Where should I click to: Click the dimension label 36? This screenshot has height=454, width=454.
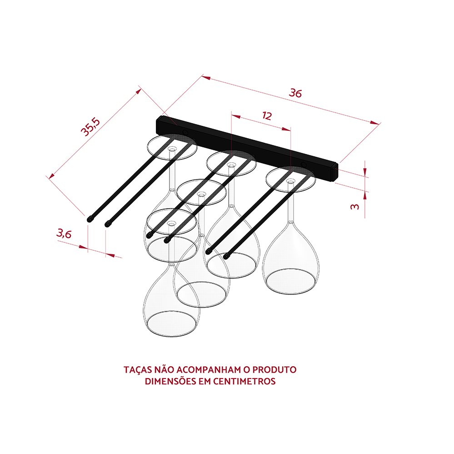tap(295, 93)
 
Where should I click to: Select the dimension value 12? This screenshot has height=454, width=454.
tap(267, 115)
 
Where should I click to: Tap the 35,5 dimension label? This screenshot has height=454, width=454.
tap(90, 127)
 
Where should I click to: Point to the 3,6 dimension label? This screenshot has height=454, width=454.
tap(64, 233)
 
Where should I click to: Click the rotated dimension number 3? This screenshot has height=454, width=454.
tap(354, 207)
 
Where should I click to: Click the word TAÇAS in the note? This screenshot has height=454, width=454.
tap(138, 370)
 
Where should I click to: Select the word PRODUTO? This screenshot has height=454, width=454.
tap(274, 370)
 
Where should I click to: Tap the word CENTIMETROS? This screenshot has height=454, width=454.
tap(244, 381)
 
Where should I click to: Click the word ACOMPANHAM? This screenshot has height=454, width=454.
tap(209, 370)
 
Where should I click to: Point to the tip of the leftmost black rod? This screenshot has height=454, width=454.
tap(90, 220)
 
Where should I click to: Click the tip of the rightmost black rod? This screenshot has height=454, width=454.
tap(226, 256)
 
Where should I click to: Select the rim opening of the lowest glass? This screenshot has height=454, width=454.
tap(171, 324)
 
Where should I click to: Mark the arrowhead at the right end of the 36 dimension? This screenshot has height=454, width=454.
tap(374, 123)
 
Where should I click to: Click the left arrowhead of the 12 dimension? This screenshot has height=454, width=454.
tap(236, 116)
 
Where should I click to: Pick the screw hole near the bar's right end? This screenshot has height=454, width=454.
tap(304, 165)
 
